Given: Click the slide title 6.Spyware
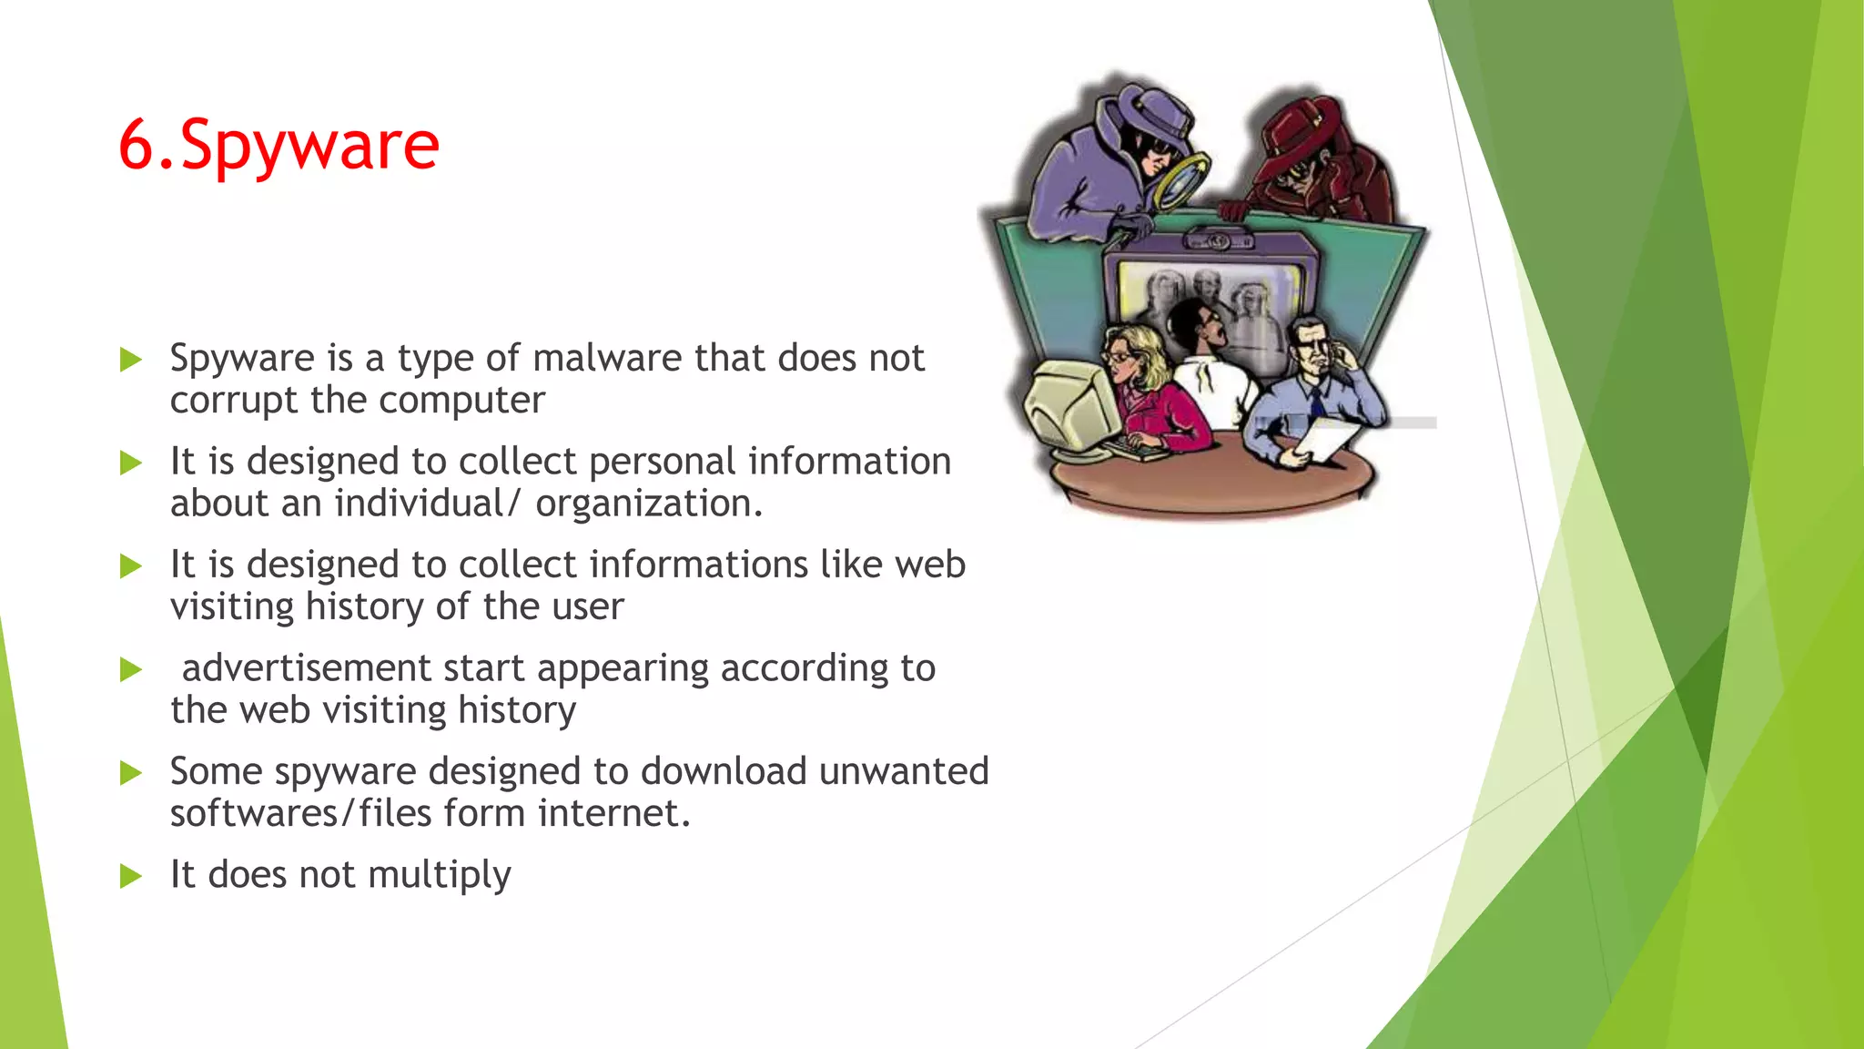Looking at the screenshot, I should (279, 146).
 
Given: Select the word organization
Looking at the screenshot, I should (648, 504).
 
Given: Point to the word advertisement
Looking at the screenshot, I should (306, 668).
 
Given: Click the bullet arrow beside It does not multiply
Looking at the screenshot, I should (131, 877).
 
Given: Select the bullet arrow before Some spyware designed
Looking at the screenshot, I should (131, 774).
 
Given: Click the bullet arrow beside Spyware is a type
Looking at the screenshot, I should (131, 361).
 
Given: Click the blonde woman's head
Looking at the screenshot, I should (1131, 355).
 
